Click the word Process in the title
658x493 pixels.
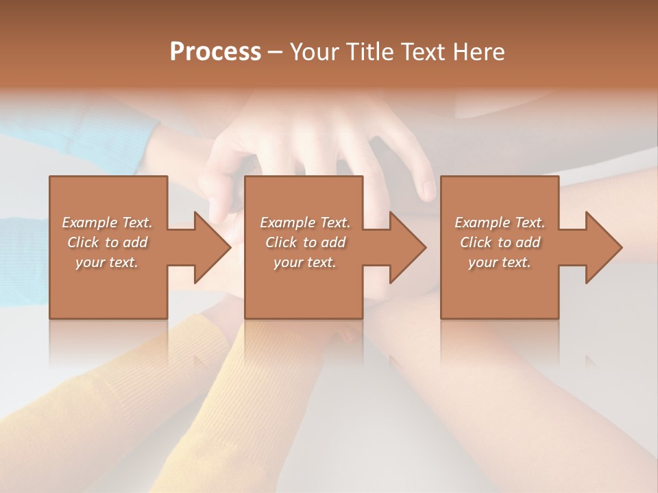(215, 52)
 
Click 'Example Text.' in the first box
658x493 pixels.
(107, 223)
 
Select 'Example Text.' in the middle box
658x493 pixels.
(305, 223)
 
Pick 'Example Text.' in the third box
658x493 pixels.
(500, 223)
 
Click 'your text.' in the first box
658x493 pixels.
(107, 262)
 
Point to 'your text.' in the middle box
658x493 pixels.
(305, 262)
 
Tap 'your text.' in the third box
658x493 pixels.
(500, 262)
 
